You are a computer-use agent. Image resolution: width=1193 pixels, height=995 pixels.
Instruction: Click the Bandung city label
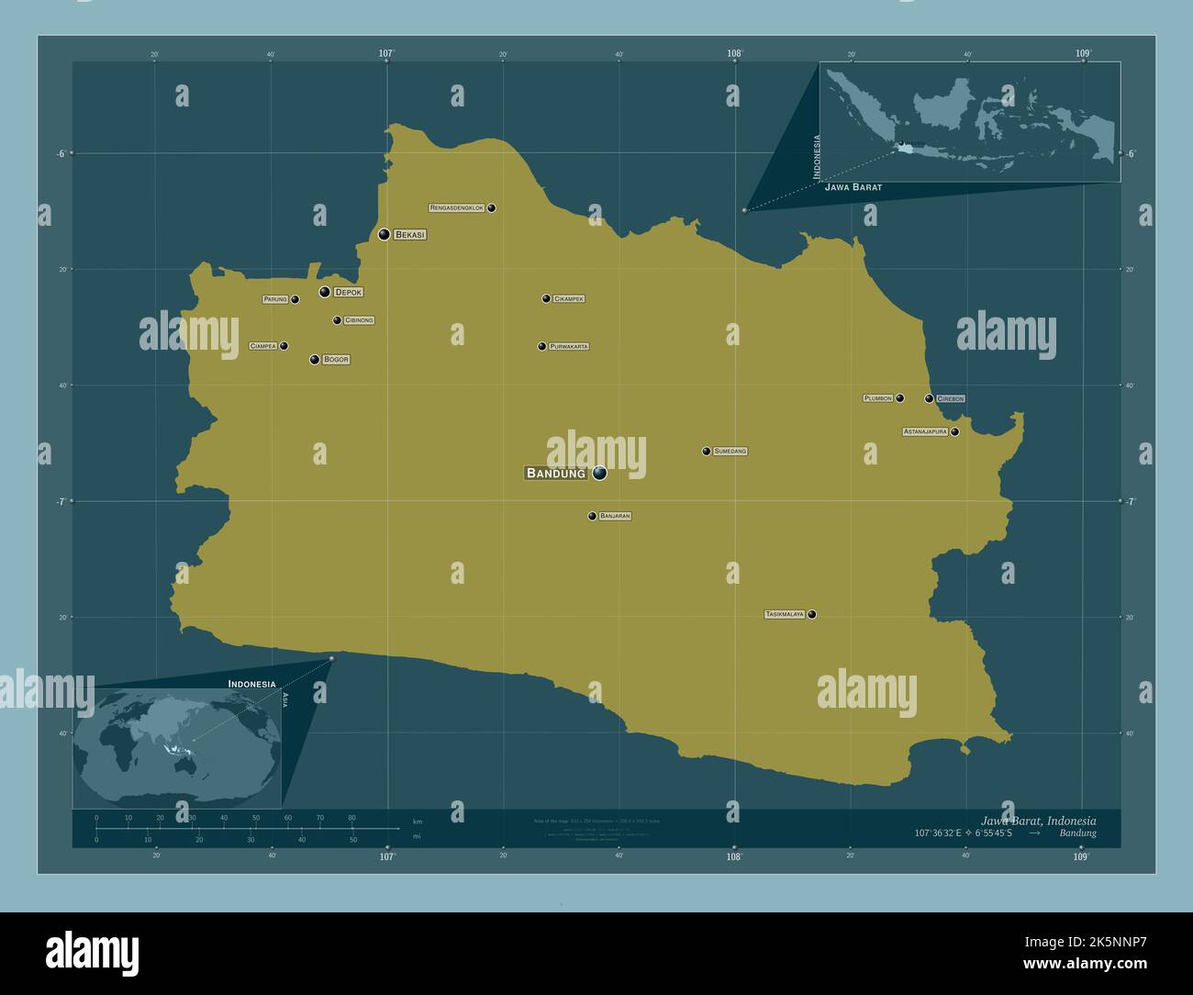pyautogui.click(x=555, y=474)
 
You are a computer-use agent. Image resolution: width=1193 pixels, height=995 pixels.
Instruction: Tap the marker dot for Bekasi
pyautogui.click(x=384, y=235)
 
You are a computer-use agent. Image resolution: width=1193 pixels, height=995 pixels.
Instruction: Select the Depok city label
pyautogui.click(x=348, y=292)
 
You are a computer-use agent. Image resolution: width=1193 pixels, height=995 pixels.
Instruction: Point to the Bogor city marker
pyautogui.click(x=314, y=360)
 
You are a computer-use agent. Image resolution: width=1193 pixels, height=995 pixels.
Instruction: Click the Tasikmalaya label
pyautogui.click(x=785, y=614)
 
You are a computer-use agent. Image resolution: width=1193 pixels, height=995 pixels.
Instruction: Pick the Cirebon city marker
pyautogui.click(x=929, y=398)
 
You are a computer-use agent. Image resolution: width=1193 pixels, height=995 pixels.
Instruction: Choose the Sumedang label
pyautogui.click(x=730, y=452)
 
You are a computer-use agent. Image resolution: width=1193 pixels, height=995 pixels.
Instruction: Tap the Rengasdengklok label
pyautogui.click(x=457, y=208)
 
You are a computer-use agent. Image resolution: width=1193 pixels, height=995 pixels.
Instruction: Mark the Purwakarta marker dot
pyautogui.click(x=541, y=346)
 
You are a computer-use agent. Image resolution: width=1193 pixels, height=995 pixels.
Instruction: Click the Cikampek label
pyautogui.click(x=569, y=299)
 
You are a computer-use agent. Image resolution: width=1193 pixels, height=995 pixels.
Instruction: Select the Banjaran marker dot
pyautogui.click(x=592, y=516)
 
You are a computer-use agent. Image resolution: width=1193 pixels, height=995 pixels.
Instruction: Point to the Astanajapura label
pyautogui.click(x=925, y=431)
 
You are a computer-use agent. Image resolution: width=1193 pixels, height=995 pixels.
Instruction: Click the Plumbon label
pyautogui.click(x=878, y=398)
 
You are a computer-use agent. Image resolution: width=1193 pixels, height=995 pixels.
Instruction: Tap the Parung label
pyautogui.click(x=275, y=299)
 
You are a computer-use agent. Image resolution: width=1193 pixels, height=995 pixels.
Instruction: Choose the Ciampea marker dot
pyautogui.click(x=284, y=346)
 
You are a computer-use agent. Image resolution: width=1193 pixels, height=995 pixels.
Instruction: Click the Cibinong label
pyautogui.click(x=359, y=320)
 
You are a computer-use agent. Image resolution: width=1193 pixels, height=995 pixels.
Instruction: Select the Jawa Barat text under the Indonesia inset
pyautogui.click(x=853, y=187)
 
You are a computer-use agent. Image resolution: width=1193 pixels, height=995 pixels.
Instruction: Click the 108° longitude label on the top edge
pyautogui.click(x=734, y=54)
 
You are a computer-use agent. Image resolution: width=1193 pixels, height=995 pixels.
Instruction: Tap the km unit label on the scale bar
pyautogui.click(x=418, y=821)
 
